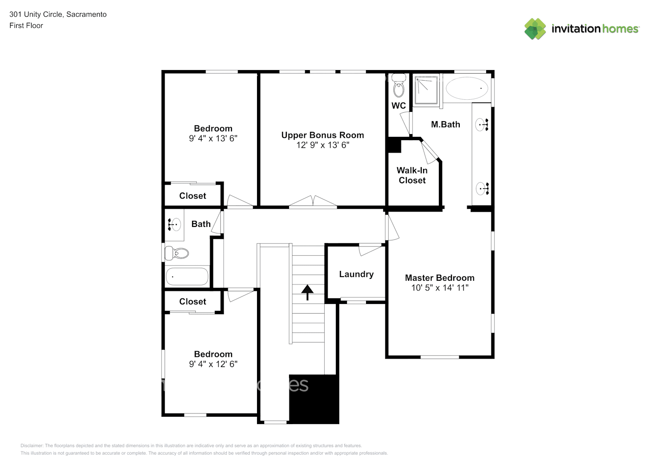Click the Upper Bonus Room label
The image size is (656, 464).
322,135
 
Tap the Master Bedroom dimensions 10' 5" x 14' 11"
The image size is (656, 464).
439,288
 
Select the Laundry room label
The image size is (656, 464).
356,274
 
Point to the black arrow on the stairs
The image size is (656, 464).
307,292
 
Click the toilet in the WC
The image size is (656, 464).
399,86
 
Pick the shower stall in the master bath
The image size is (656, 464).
426,90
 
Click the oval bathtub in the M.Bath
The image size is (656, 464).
468,88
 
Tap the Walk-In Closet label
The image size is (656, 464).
412,175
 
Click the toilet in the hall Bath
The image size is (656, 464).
177,253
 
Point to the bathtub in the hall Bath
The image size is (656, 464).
187,277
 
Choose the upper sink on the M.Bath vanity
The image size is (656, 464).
482,124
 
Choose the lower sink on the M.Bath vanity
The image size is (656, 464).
482,188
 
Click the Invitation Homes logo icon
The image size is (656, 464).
535,29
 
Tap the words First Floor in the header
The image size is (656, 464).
26,26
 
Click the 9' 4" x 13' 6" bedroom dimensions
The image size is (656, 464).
213,139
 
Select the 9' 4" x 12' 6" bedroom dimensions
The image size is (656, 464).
213,364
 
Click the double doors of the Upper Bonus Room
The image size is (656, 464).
313,202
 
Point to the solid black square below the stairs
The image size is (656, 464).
314,399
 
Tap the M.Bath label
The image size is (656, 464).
445,124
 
